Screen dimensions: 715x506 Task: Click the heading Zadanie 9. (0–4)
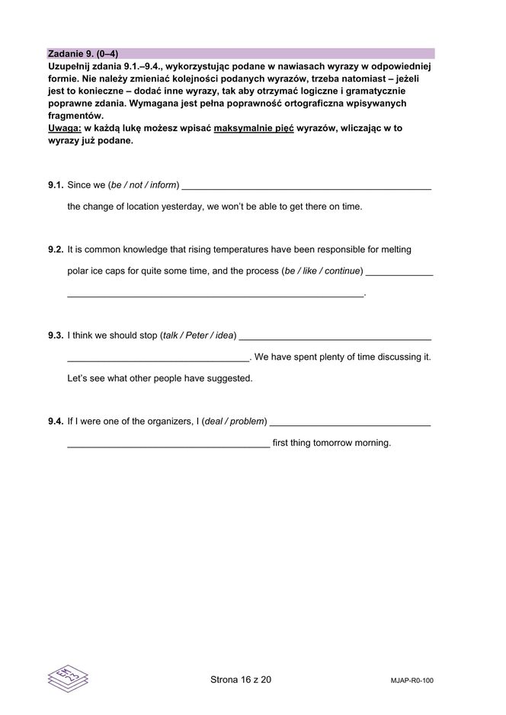click(82, 54)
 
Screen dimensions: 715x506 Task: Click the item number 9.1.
click(55, 184)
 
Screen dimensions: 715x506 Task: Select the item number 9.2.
click(55, 249)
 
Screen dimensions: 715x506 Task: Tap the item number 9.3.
click(55, 335)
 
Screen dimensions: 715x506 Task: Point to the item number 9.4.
click(55, 421)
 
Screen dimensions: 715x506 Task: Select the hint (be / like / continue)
click(322, 271)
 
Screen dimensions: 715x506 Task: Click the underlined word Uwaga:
click(64, 128)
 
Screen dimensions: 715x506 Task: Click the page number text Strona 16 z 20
click(240, 680)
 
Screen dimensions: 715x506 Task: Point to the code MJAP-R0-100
click(411, 681)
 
